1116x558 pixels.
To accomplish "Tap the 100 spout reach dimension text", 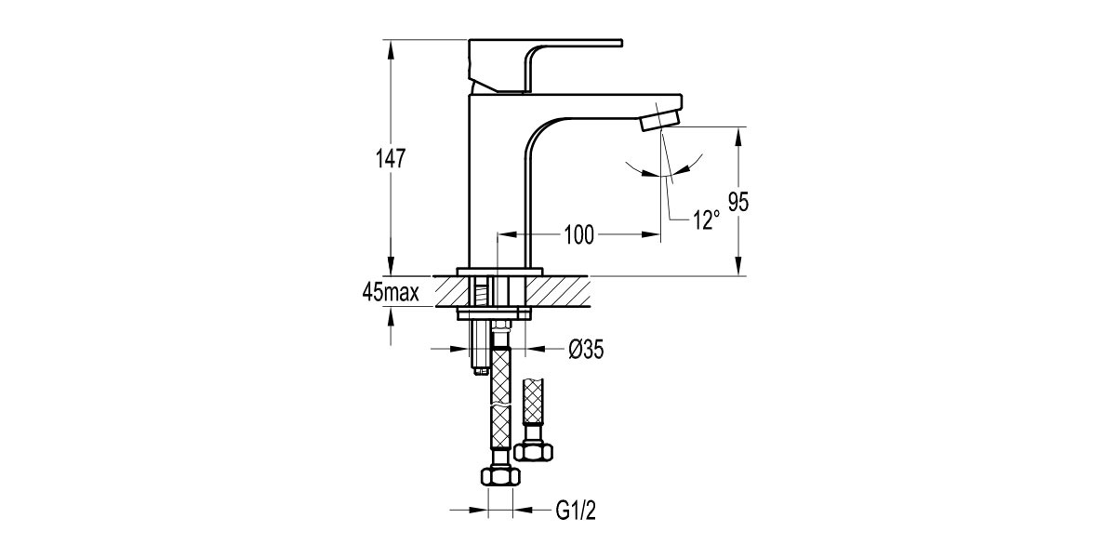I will (578, 235).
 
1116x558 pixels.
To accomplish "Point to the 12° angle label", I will (706, 220).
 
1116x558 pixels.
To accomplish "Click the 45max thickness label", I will (392, 294).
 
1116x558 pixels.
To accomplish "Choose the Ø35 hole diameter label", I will (586, 350).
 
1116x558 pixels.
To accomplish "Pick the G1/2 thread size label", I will (575, 510).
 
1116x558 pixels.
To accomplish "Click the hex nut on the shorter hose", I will (534, 451).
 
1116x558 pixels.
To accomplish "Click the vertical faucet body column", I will (498, 186).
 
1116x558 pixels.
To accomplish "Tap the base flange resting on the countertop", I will (498, 272).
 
